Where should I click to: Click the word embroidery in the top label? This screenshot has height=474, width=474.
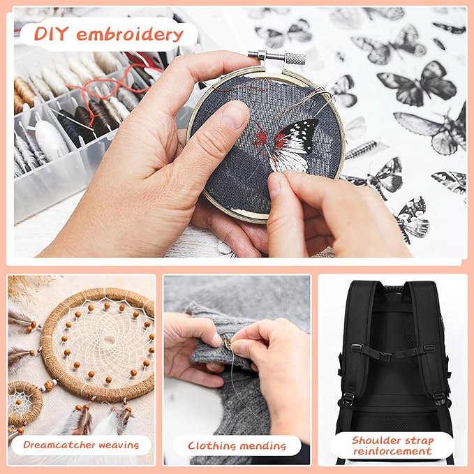pyautogui.click(x=130, y=34)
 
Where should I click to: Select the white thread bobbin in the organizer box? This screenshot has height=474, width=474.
pyautogui.click(x=50, y=138)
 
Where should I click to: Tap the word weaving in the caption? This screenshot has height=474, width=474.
pyautogui.click(x=119, y=445)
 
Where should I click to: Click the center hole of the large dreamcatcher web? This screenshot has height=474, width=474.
pyautogui.click(x=109, y=341)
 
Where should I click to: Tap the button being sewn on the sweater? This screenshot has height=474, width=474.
pyautogui.click(x=227, y=344)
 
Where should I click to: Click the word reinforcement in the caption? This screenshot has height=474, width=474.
pyautogui.click(x=393, y=452)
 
